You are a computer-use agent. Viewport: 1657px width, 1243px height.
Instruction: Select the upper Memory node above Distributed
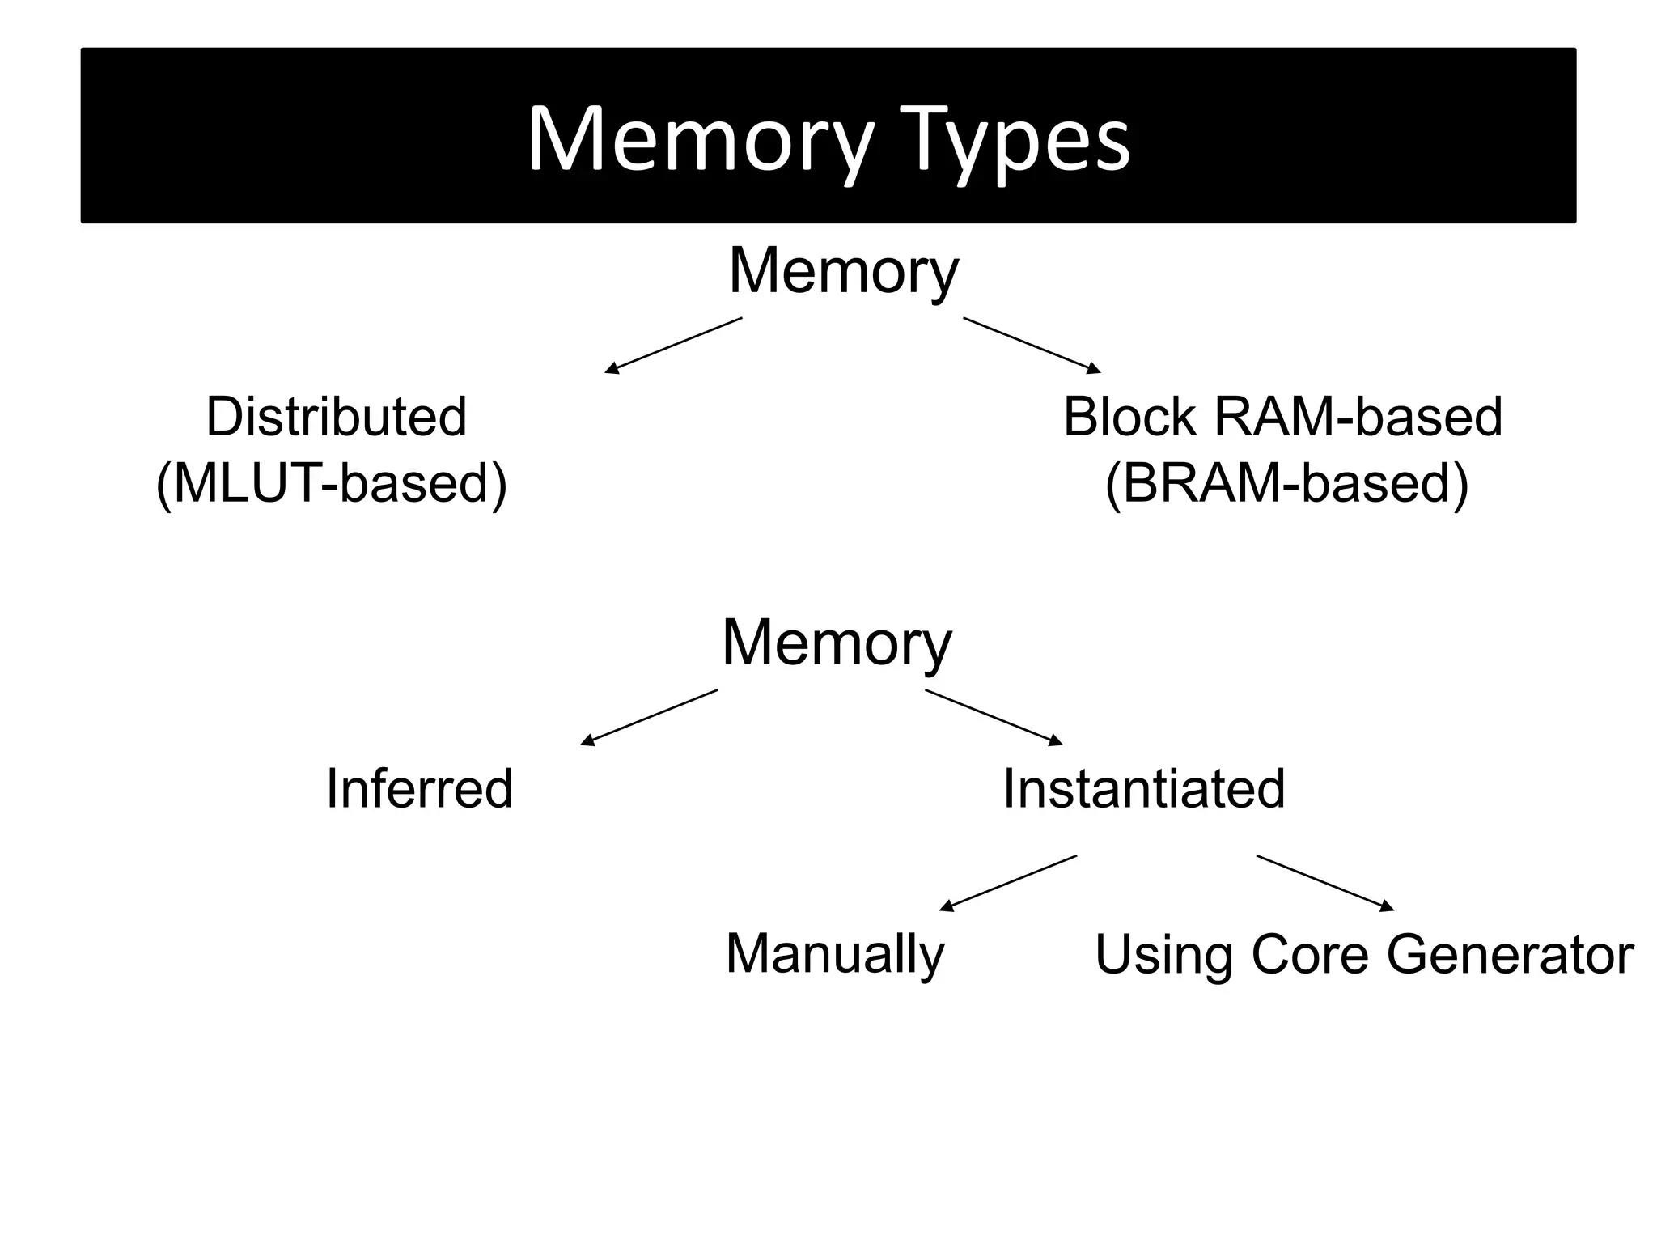point(843,271)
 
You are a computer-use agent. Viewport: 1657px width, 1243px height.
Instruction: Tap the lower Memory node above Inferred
point(837,643)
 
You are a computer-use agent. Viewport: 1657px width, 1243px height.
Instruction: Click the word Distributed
point(336,417)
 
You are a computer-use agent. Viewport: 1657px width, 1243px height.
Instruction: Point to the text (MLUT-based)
point(332,483)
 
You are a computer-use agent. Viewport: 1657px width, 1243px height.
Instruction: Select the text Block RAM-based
point(1282,417)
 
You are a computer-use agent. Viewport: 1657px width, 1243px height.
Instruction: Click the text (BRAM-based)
point(1286,483)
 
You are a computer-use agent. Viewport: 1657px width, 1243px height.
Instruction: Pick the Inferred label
point(419,788)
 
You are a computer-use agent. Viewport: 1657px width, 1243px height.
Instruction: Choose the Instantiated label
point(1143,788)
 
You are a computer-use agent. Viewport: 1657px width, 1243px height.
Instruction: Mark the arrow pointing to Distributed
point(673,346)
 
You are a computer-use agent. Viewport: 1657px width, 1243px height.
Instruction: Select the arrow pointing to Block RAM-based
point(1032,346)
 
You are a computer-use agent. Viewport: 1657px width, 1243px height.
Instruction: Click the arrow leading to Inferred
point(649,717)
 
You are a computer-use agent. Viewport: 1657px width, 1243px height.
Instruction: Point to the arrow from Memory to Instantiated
point(994,717)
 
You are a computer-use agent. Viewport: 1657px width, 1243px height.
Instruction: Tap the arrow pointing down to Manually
point(1008,883)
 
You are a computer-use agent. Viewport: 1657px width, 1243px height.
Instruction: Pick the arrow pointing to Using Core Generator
point(1325,883)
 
